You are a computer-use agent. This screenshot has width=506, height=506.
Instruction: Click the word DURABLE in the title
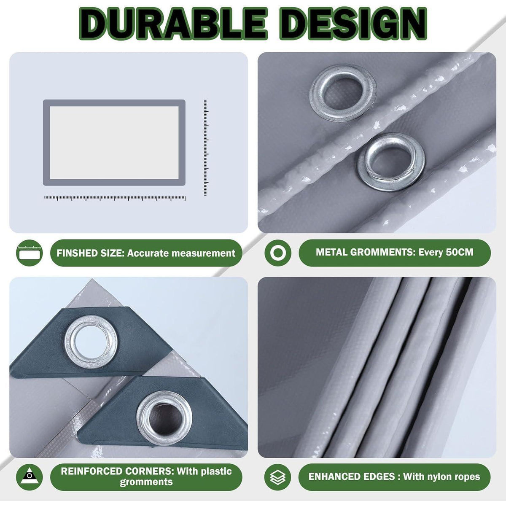pyautogui.click(x=173, y=24)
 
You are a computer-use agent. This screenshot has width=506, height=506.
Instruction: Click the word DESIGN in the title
pyautogui.click(x=353, y=24)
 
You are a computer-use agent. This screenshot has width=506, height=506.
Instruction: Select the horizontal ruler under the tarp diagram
pyautogui.click(x=115, y=198)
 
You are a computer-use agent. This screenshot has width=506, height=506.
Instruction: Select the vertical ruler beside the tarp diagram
pyautogui.click(x=206, y=148)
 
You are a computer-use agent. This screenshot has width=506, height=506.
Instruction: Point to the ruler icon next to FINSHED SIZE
pyautogui.click(x=29, y=253)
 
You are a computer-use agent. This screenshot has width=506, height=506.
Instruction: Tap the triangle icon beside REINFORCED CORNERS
pyautogui.click(x=29, y=477)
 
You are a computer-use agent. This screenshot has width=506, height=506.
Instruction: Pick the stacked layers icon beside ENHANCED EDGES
pyautogui.click(x=277, y=477)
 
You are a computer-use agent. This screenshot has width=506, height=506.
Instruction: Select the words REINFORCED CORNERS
pyautogui.click(x=117, y=471)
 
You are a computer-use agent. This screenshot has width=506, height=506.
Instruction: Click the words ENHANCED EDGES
pyautogui.click(x=352, y=476)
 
